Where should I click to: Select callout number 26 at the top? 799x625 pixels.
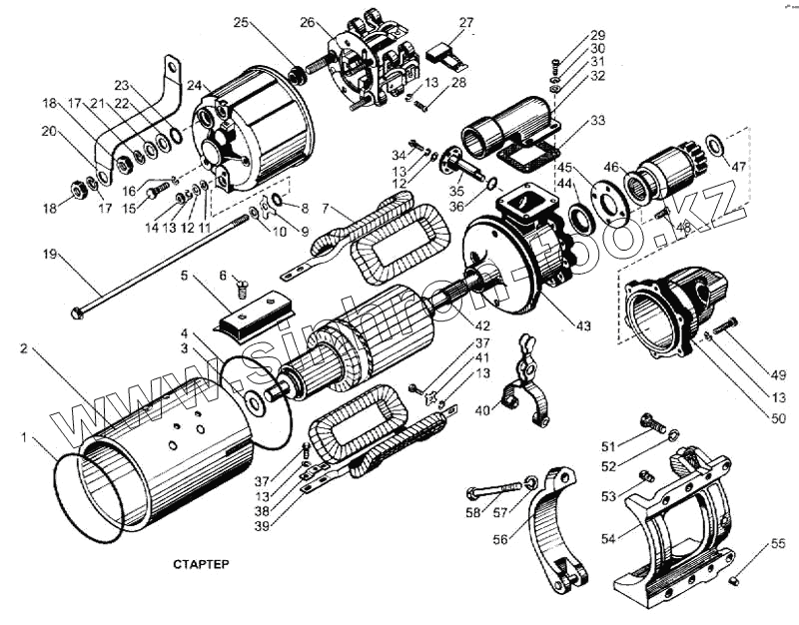[307, 22]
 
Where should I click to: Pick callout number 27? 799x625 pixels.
[467, 22]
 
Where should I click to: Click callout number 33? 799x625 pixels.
[598, 121]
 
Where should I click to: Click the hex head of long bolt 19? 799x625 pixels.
[78, 313]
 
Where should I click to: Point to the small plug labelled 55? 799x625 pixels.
[733, 579]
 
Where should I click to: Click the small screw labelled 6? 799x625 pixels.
[241, 291]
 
